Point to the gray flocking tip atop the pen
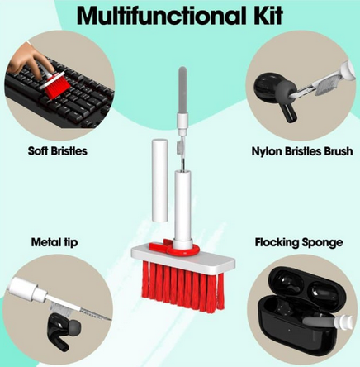click(181, 91)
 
